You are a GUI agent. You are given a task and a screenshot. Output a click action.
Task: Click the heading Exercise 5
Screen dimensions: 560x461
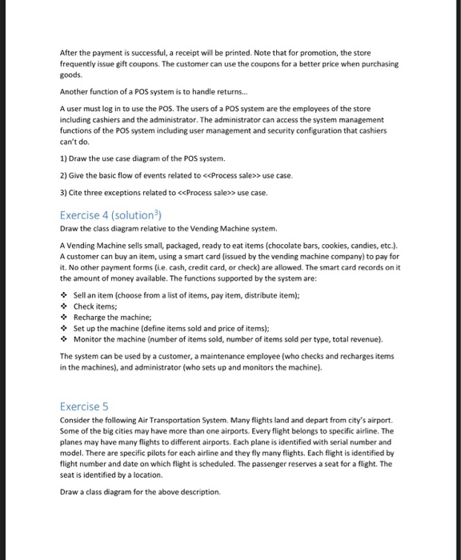click(85, 406)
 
